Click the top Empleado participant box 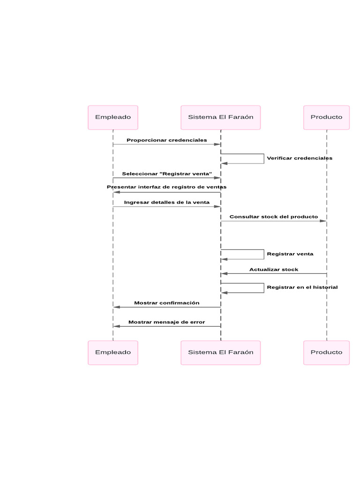point(113,117)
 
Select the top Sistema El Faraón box point(220,117)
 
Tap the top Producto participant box point(326,117)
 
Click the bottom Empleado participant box point(113,352)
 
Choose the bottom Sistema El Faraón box point(220,352)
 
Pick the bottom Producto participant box point(326,352)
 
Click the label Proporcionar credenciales point(166,140)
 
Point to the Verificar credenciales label point(300,158)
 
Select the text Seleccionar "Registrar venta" point(167,174)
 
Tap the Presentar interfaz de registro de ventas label point(166,187)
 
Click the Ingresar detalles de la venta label point(166,202)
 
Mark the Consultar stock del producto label point(273,217)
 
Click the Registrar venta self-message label point(290,254)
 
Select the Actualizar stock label point(273,270)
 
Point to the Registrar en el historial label point(302,287)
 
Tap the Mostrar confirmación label point(166,303)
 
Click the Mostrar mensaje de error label point(166,322)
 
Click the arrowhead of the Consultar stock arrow point(323,221)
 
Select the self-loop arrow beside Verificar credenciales point(263,158)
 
